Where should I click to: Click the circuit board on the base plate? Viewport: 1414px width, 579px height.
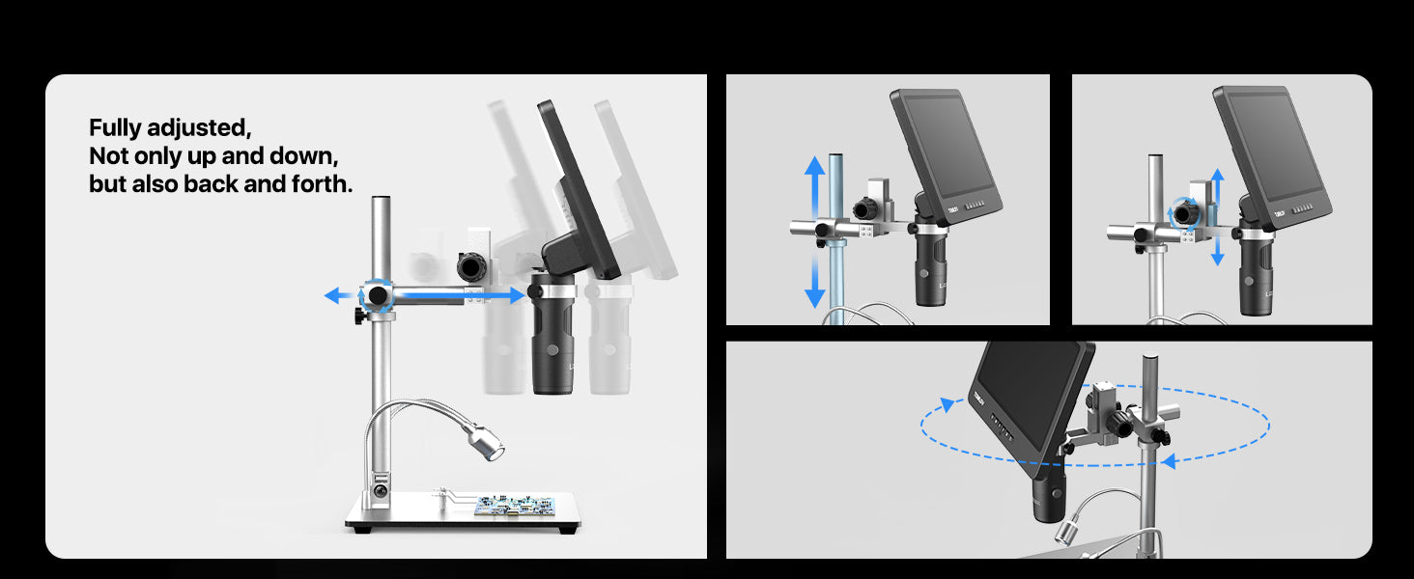pos(514,505)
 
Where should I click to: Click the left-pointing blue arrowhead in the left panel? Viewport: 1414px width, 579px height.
pos(332,295)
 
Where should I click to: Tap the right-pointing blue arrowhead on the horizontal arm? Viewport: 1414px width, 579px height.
pos(517,294)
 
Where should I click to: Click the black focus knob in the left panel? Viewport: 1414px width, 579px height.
pos(471,266)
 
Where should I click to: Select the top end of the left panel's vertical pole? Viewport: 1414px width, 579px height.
pos(380,198)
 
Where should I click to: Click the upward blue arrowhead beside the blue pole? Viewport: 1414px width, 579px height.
pos(814,166)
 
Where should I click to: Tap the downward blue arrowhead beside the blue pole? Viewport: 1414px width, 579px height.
pos(814,297)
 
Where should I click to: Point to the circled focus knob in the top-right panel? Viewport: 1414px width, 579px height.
pos(1185,213)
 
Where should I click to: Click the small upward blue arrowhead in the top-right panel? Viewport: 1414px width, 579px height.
pos(1218,175)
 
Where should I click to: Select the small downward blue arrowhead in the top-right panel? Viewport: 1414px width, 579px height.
pos(1218,258)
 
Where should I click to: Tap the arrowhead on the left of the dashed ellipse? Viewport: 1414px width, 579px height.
pos(947,404)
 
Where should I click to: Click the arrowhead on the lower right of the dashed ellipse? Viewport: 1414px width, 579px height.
pos(1169,461)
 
